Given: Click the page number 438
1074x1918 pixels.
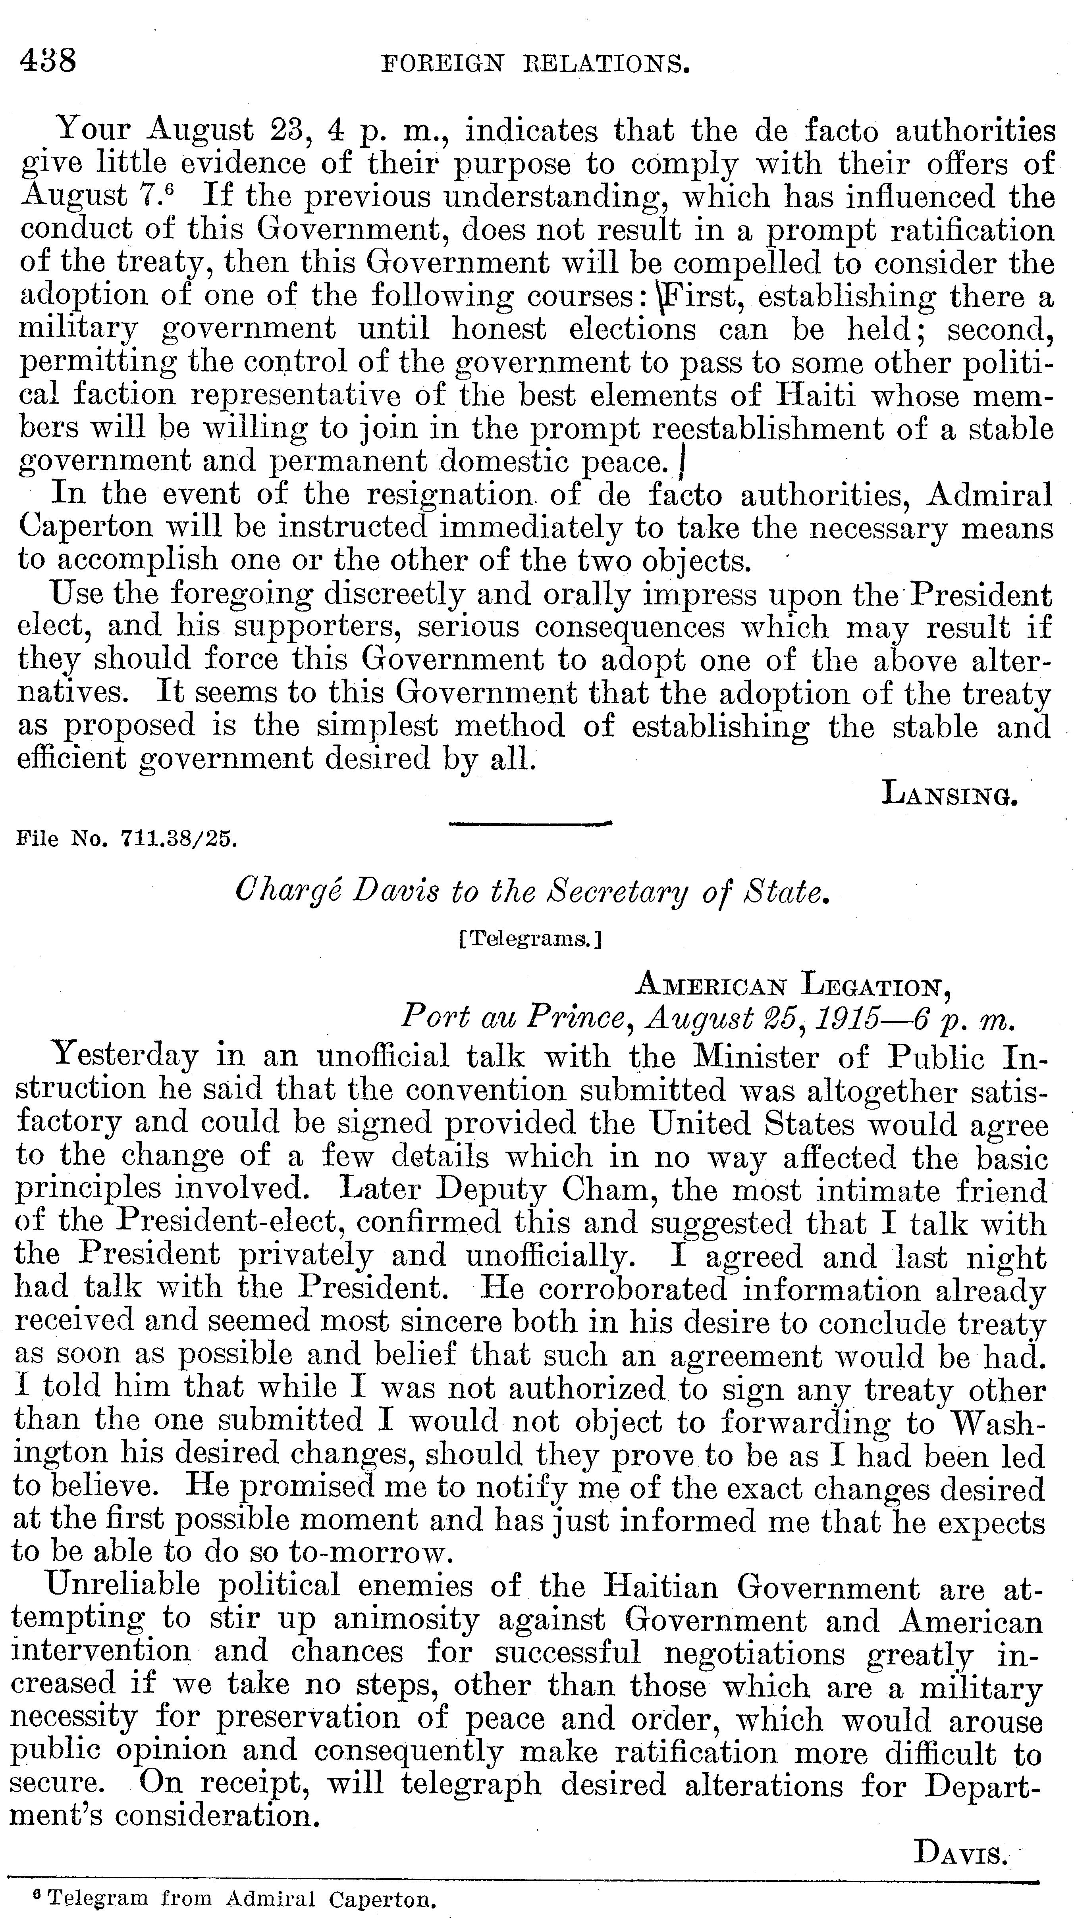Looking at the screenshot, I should pyautogui.click(x=48, y=60).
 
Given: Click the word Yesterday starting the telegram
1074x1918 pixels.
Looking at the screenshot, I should pyautogui.click(x=125, y=1056).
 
